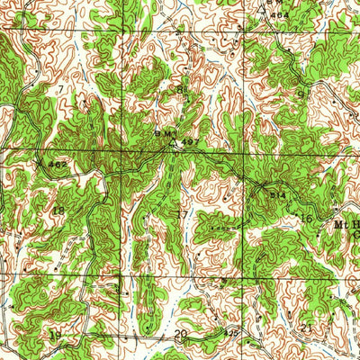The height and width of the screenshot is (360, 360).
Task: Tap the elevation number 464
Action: tap(281, 15)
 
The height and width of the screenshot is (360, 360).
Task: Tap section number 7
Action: tap(60, 91)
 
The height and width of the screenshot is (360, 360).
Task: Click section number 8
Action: tap(180, 89)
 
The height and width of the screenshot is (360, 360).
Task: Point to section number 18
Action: tap(58, 211)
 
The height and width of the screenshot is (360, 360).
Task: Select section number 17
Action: tap(183, 215)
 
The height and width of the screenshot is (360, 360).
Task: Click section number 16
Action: tap(306, 218)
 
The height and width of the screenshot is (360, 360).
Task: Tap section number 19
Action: tap(57, 335)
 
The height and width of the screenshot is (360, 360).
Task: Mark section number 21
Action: tap(306, 329)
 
